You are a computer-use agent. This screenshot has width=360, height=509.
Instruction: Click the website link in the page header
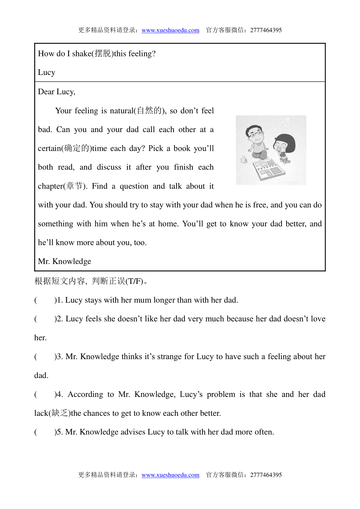pos(170,30)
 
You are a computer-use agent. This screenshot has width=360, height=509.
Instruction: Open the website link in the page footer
pos(170,475)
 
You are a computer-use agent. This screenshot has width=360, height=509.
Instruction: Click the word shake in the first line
pos(82,54)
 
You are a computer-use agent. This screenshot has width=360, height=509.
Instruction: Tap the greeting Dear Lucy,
pos(57,92)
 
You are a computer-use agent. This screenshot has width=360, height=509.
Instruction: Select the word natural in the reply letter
pos(121,111)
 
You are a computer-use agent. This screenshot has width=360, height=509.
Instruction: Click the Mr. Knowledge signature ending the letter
pos(64,261)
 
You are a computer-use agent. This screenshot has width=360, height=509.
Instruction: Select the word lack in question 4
pos(41,413)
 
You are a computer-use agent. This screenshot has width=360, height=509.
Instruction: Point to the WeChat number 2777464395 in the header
pos(266,30)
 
